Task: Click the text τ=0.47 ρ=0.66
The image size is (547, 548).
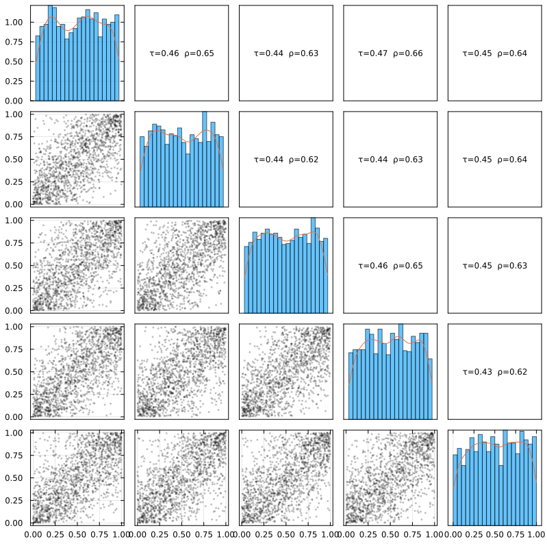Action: click(390, 53)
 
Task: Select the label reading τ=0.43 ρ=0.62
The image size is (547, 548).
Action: click(494, 372)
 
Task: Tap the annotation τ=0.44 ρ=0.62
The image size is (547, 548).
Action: click(285, 160)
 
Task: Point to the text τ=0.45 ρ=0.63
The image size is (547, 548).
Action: click(494, 266)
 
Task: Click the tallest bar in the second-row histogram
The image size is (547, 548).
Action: click(204, 159)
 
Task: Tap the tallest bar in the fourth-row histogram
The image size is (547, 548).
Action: click(400, 371)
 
